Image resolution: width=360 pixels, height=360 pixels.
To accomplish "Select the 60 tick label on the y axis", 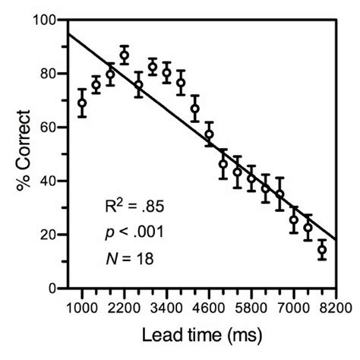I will click(49, 128).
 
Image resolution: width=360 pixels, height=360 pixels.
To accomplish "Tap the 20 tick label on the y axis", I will click(49, 235).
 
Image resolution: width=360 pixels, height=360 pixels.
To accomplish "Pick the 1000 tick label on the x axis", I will click(82, 306).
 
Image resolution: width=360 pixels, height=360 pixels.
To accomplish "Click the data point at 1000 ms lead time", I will click(82, 103).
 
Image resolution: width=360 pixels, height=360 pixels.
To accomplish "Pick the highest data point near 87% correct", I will click(125, 55).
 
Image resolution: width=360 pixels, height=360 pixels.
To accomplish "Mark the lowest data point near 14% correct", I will click(322, 250).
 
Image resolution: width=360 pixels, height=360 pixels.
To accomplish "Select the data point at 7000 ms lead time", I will click(293, 220).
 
